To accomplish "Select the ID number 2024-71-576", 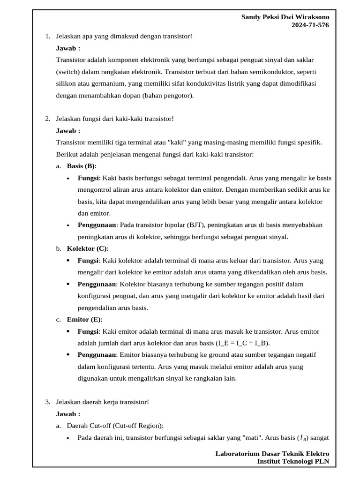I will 310,25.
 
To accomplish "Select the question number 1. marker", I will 48,36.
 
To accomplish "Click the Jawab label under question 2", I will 68,131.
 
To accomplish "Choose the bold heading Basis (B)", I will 81,166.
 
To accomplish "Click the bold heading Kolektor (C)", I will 87,248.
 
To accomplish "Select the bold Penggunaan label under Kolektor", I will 97,284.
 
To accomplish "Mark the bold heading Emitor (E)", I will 83,320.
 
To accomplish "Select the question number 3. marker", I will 48,402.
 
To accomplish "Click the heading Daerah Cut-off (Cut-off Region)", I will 115,426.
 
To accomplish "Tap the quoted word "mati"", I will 253,438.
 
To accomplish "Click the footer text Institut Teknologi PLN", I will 293,461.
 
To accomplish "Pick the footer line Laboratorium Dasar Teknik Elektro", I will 272,453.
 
